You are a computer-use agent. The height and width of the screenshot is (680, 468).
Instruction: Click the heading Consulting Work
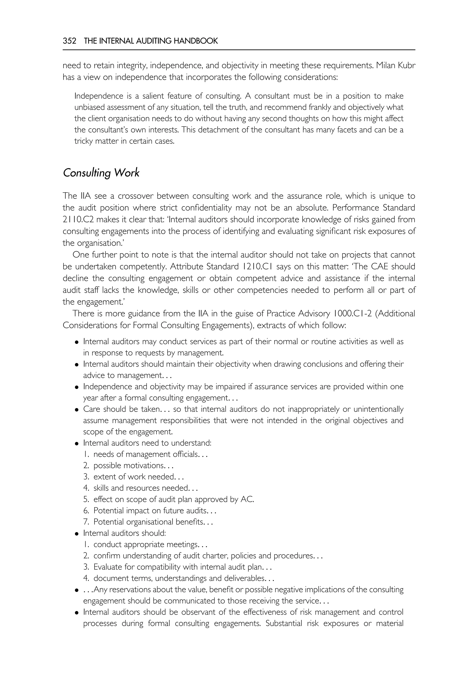tap(101, 173)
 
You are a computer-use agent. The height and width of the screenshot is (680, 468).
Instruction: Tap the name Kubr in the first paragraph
tap(406, 65)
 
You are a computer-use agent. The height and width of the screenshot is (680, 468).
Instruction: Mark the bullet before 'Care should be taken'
tap(77, 410)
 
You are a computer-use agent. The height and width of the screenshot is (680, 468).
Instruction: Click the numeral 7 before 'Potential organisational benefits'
tap(86, 522)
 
